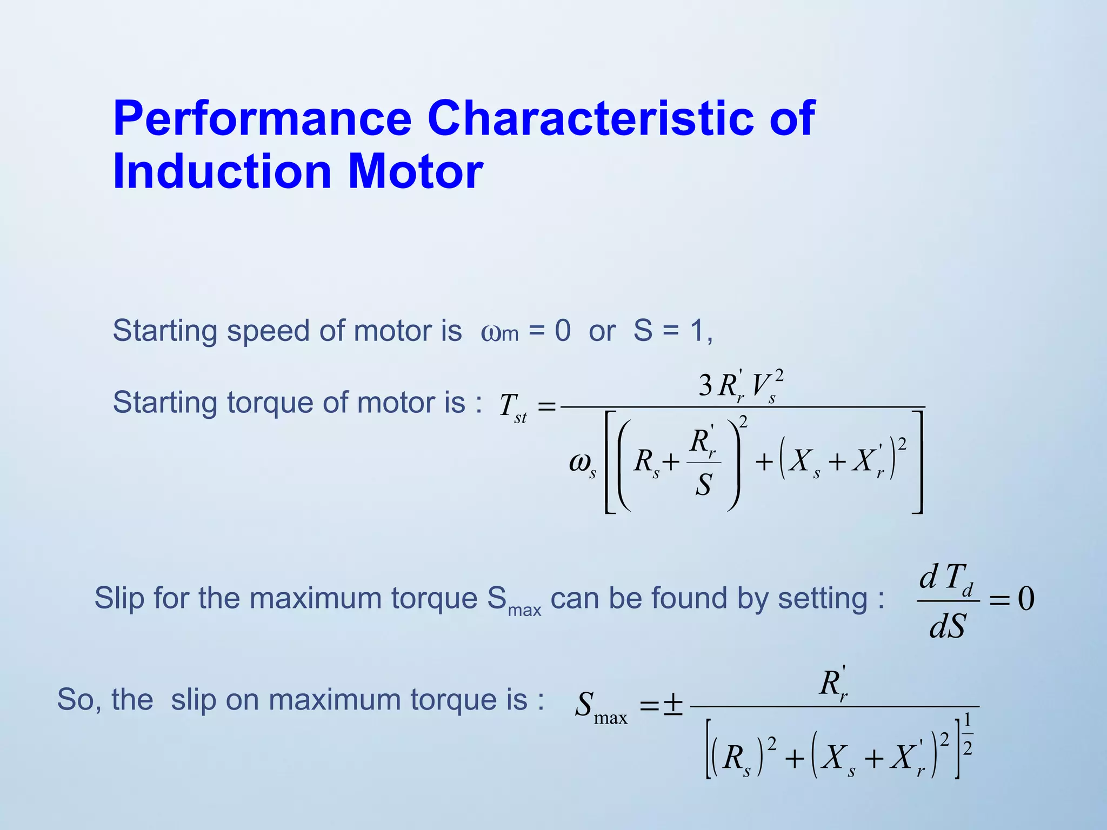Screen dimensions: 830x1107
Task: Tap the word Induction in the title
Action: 222,172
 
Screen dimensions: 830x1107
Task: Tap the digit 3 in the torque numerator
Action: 705,386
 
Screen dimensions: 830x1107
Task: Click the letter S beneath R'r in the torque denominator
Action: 703,485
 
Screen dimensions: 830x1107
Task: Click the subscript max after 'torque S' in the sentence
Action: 524,611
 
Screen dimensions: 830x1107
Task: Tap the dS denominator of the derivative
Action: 947,627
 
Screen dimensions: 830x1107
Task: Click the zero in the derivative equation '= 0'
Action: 1026,599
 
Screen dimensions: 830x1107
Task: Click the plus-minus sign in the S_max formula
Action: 673,705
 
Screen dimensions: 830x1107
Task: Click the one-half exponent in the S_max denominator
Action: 968,734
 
